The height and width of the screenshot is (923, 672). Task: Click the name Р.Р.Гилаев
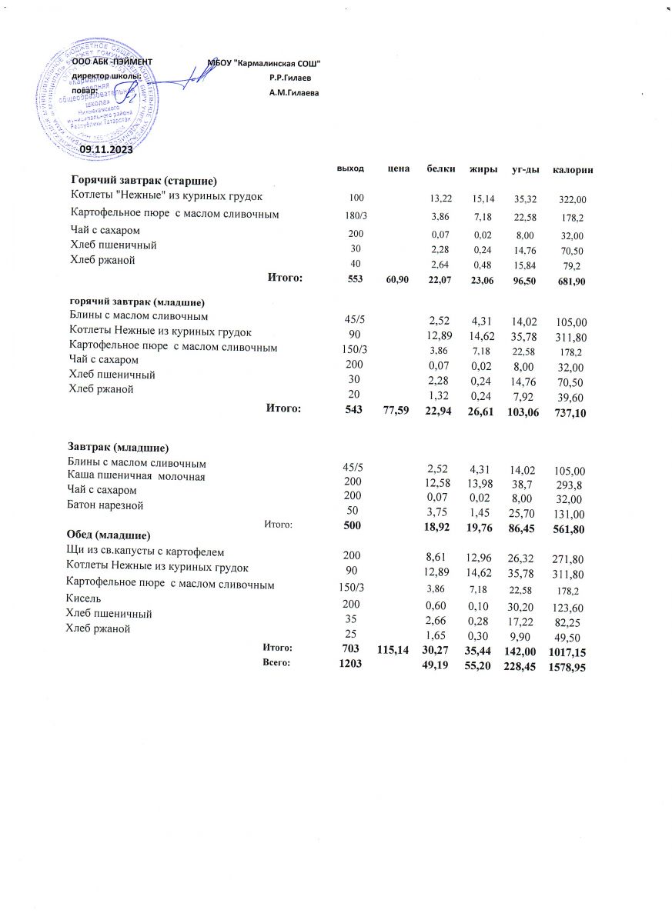(x=290, y=78)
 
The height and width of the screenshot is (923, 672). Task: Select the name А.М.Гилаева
(x=293, y=93)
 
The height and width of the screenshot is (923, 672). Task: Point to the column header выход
(x=350, y=168)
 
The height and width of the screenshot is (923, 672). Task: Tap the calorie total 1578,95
(x=568, y=667)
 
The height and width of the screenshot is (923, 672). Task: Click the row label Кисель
(x=84, y=598)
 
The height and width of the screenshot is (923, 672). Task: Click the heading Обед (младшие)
(x=109, y=534)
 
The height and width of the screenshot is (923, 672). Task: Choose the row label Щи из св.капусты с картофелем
(x=145, y=551)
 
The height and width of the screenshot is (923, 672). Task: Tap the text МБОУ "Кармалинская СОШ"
(x=264, y=62)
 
